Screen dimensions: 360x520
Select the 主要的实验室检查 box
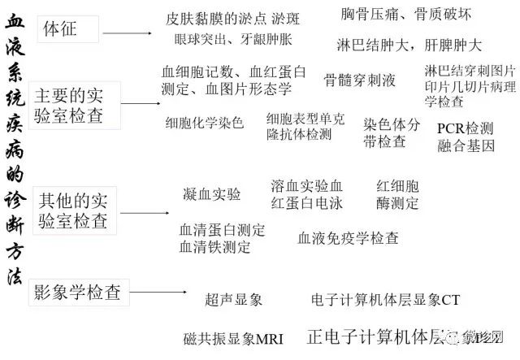click(74, 103)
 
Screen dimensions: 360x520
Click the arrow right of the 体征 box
click(128, 33)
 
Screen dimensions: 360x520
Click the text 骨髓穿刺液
click(360, 80)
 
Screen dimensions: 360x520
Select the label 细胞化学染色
click(205, 124)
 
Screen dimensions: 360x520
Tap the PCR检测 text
click(465, 128)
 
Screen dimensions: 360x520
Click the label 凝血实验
click(212, 193)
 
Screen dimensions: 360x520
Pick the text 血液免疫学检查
click(348, 238)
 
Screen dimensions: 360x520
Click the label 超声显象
click(234, 300)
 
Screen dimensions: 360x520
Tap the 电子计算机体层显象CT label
click(385, 300)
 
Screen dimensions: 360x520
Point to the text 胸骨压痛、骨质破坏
click(405, 15)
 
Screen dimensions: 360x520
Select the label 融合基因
click(466, 146)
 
